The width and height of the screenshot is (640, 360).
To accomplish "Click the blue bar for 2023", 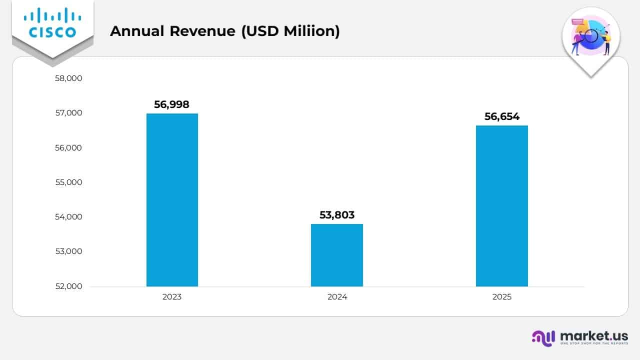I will [172, 200].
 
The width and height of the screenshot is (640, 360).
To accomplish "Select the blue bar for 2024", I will [337, 255].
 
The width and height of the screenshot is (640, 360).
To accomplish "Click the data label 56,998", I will [172, 104].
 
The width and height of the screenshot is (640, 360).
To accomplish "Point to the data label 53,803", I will [337, 215].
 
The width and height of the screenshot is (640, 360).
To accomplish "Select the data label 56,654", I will [501, 116].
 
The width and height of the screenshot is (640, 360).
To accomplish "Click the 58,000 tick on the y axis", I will [68, 78].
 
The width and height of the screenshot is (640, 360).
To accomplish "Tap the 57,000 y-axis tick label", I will [68, 113].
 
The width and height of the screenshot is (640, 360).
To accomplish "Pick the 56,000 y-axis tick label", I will [68, 148].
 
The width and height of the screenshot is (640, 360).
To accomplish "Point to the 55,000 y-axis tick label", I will [68, 182].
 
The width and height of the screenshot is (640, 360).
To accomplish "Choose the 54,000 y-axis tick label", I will [68, 217].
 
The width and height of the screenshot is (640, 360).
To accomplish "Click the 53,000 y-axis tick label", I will [68, 251].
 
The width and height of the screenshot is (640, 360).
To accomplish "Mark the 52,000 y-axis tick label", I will [68, 286].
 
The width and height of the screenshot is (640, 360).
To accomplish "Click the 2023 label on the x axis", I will [172, 297].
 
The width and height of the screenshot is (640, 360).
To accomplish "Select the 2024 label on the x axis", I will [337, 297].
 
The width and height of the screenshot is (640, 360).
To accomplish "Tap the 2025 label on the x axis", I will [501, 297].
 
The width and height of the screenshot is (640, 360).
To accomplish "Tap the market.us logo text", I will [593, 335].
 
